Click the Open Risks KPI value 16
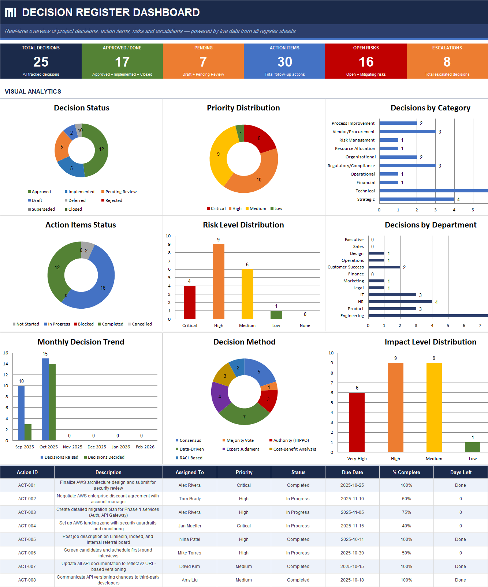coord(366,62)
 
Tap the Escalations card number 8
coord(447,62)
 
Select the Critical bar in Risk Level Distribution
coord(189,302)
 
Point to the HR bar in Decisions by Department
coord(400,302)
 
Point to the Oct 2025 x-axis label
coord(49,447)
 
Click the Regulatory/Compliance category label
coord(351,166)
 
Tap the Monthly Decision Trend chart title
coord(81,342)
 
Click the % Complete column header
coord(406,472)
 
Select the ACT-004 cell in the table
coord(27,526)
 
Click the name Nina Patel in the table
coord(190,539)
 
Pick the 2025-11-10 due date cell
coord(352,499)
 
